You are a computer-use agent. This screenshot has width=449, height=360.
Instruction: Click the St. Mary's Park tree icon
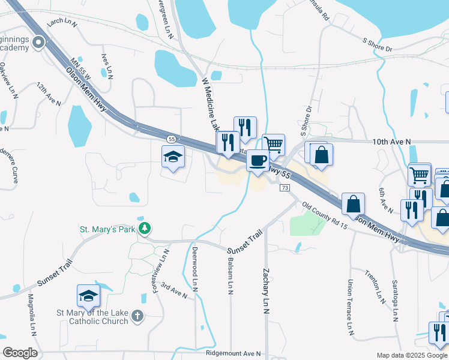pyautogui.click(x=144, y=228)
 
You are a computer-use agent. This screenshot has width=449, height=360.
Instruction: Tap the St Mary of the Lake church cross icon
pyautogui.click(x=137, y=315)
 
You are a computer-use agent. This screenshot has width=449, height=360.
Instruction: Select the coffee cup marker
pyautogui.click(x=258, y=161)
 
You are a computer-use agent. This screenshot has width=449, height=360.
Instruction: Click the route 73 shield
pyautogui.click(x=285, y=188)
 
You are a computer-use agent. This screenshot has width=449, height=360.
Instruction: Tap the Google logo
pyautogui.click(x=20, y=352)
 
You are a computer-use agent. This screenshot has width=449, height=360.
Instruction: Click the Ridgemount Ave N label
pyautogui.click(x=233, y=354)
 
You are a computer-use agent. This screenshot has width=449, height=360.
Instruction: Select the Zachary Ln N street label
pyautogui.click(x=265, y=291)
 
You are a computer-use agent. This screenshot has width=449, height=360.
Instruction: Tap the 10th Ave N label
pyautogui.click(x=391, y=142)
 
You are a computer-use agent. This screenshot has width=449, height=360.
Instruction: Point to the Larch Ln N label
pyautogui.click(x=63, y=22)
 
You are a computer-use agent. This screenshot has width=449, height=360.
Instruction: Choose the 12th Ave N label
pyautogui.click(x=49, y=94)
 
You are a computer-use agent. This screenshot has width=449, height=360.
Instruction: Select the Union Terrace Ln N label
pyautogui.click(x=350, y=306)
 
